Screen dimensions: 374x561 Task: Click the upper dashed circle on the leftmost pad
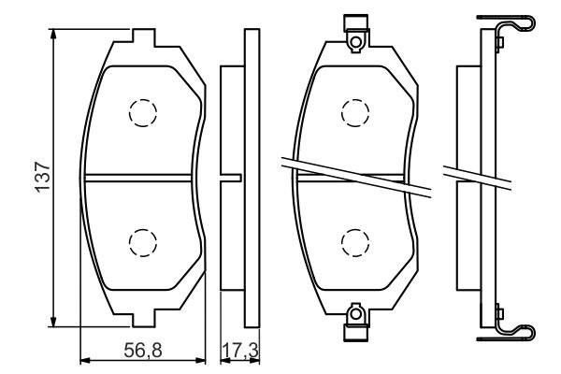(142, 112)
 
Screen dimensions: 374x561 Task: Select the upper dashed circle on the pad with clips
(355, 112)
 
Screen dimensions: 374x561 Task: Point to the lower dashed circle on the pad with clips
(355, 241)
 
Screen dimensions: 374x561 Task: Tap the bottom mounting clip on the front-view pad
(354, 322)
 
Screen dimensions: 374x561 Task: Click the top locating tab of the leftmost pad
(141, 36)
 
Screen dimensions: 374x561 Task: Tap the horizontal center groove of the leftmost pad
(140, 178)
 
